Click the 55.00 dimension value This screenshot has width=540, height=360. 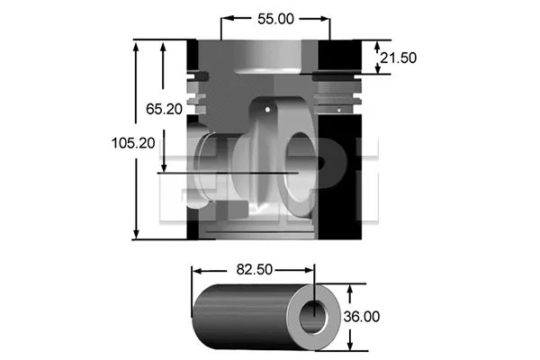click(275, 17)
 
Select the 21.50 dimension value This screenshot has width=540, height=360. click(398, 58)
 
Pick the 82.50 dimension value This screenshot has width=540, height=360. click(256, 269)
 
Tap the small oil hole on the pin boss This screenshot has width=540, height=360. click(267, 109)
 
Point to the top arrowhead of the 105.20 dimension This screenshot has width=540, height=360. click(136, 44)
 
